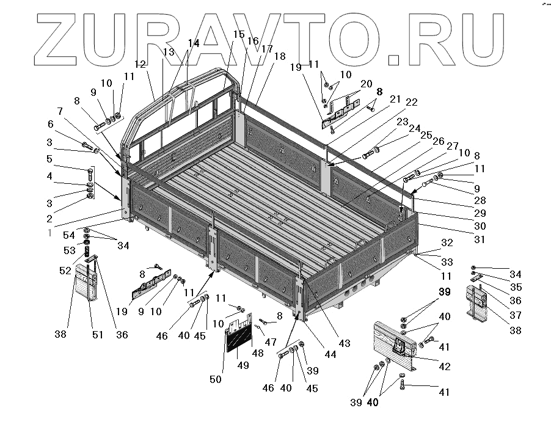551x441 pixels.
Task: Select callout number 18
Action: [x=280, y=56]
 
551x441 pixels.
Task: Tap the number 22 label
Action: [x=411, y=101]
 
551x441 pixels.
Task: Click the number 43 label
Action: [x=345, y=343]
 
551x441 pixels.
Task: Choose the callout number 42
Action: [x=445, y=366]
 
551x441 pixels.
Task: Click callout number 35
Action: [x=516, y=286]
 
